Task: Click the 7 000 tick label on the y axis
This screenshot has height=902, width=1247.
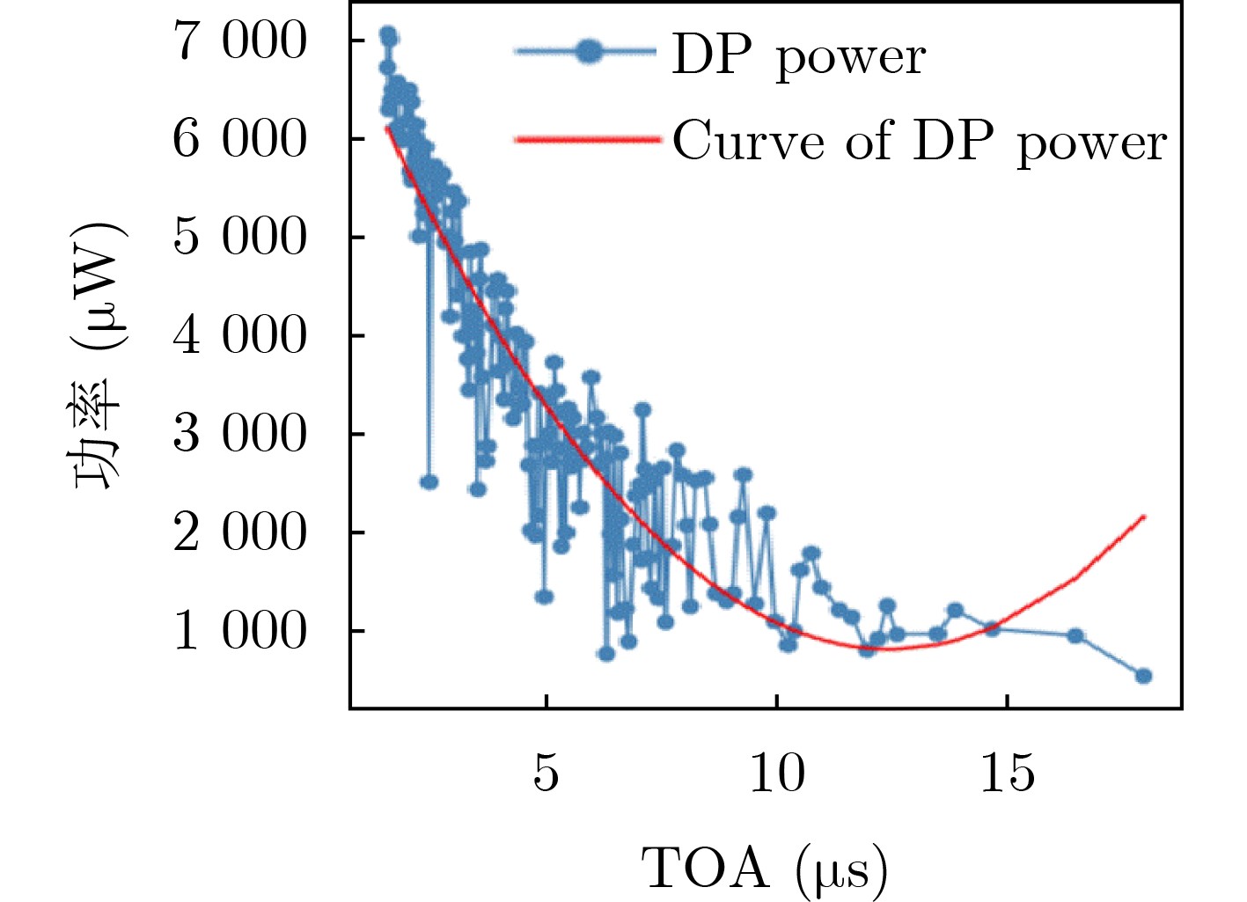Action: coord(239,41)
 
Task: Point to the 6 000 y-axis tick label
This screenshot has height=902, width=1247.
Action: coord(239,140)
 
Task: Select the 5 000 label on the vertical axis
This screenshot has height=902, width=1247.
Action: coord(239,238)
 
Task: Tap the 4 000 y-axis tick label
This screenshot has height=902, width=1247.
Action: coord(239,336)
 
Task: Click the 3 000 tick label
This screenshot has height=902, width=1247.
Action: coord(239,435)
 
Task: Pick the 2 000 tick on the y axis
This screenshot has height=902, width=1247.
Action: coord(239,533)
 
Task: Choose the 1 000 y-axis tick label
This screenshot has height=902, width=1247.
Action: coord(239,632)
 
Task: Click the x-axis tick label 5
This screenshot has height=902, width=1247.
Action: coord(546,774)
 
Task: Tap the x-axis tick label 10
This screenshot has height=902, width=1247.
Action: coord(777,774)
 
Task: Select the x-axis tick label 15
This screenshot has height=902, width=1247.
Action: coord(1008,774)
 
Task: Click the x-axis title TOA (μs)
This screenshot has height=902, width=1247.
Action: coord(764,869)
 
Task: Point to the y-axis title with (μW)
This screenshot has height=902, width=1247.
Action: coord(99,356)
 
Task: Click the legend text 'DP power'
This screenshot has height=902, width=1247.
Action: coord(798,56)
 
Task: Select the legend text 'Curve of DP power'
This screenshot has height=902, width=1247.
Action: coord(920,141)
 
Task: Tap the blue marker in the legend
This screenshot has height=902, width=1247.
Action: coord(590,53)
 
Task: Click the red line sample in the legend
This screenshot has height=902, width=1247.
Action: coord(587,139)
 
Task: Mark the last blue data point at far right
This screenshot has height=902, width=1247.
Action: coord(1143,676)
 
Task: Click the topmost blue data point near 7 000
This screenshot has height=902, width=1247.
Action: coord(388,36)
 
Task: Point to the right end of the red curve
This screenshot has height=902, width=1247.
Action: coord(1144,517)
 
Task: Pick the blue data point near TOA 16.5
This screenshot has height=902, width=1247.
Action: coord(1075,635)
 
